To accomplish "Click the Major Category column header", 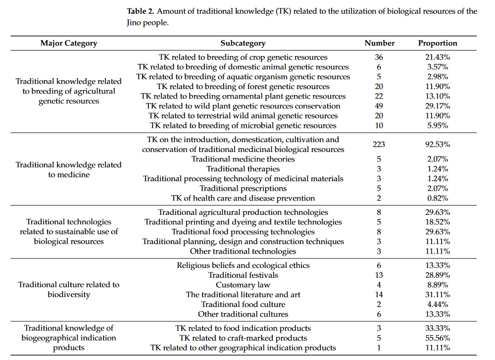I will pos(68,43).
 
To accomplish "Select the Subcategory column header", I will pos(243,43).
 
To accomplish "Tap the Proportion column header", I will pos(438,43).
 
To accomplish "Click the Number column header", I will pos(379,43).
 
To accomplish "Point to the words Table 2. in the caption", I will pos(143,11).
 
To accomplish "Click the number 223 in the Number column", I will pos(379,145).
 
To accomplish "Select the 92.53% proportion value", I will pos(438,145).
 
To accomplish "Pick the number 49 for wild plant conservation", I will pos(379,106).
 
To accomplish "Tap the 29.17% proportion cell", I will pos(438,106).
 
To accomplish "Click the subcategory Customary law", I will pos(243,285).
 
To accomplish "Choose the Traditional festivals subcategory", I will pos(243,275).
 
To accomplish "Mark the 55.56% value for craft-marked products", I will pos(438,338).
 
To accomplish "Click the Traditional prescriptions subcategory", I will pos(243,188).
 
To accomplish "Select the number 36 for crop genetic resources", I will pos(379,57).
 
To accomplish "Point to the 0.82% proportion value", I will pos(438,198).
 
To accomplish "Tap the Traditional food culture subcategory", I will pos(243,304).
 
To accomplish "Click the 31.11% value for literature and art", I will pos(438,295).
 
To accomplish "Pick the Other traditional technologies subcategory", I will pos(243,251).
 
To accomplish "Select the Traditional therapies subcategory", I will pos(243,169).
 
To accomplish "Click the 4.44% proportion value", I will pos(438,304).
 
